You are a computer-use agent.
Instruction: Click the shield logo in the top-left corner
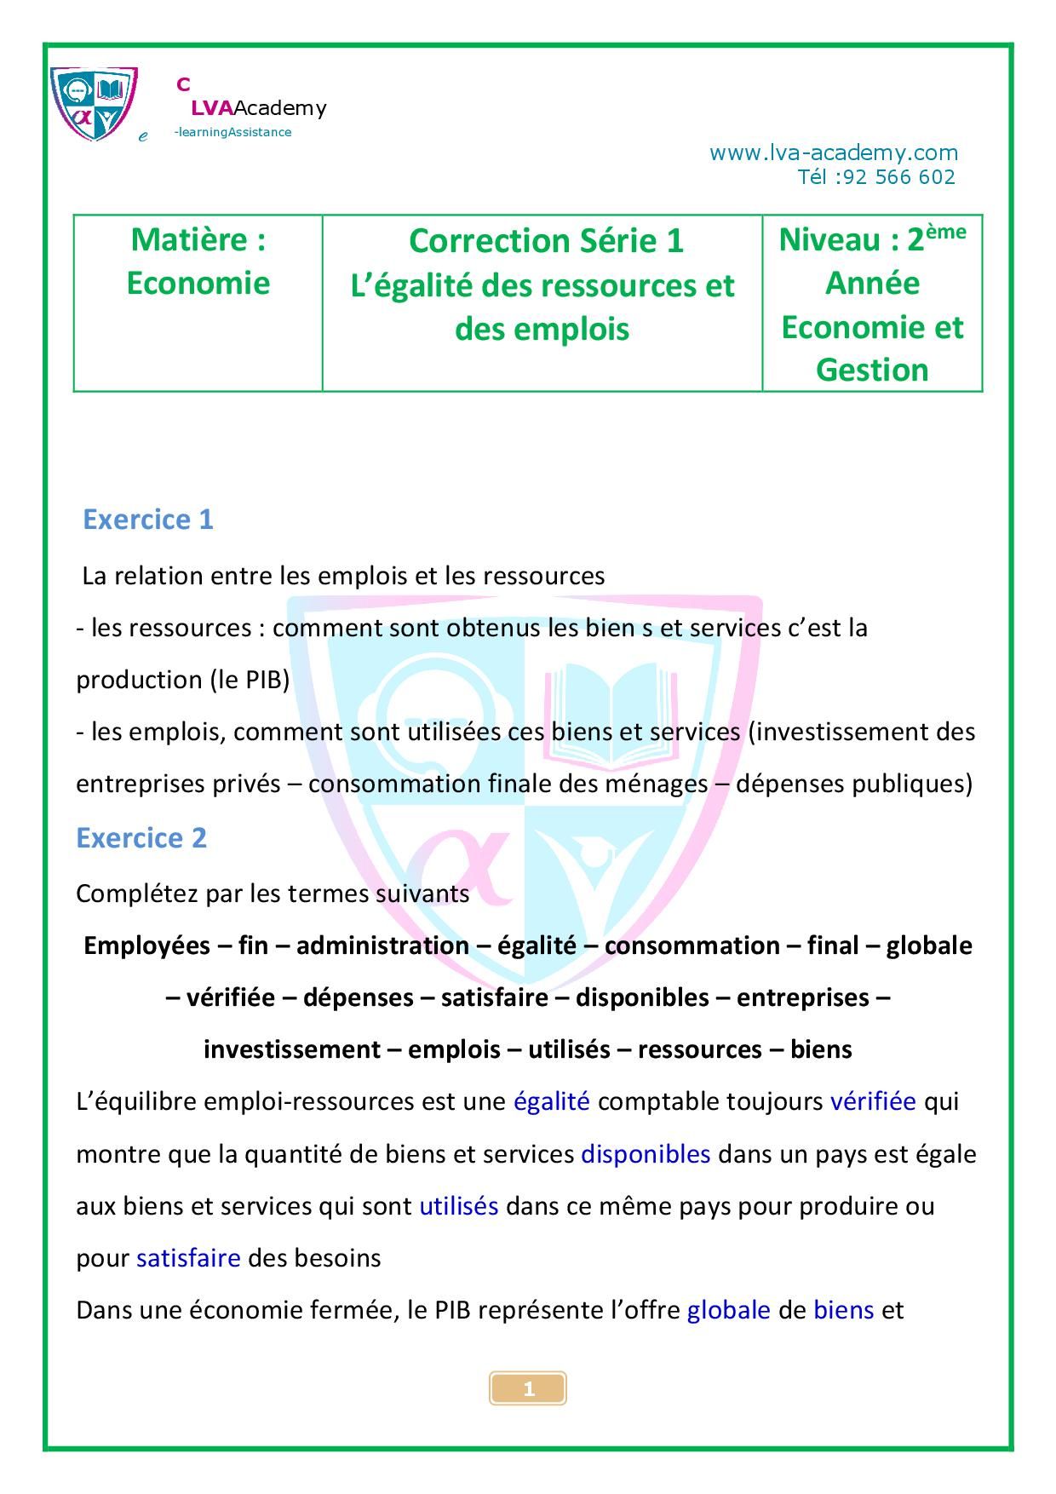[x=94, y=103]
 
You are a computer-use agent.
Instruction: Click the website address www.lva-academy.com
[x=833, y=153]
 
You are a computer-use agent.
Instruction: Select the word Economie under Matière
[x=198, y=283]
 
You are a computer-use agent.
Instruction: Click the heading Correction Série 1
[x=546, y=241]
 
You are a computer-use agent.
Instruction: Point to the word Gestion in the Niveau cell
[x=872, y=370]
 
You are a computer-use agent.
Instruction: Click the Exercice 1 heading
[x=147, y=520]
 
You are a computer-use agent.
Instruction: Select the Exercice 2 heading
[x=141, y=838]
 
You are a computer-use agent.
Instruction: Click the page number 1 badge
[x=528, y=1389]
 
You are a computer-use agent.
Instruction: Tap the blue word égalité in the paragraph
[x=551, y=1101]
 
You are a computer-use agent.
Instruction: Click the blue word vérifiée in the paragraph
[x=873, y=1101]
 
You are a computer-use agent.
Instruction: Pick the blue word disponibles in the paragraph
[x=646, y=1154]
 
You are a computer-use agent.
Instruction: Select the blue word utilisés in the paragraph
[x=458, y=1206]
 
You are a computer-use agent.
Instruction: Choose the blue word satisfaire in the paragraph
[x=188, y=1258]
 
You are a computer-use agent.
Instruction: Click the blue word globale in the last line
[x=728, y=1310]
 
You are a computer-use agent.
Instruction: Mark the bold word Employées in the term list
[x=146, y=945]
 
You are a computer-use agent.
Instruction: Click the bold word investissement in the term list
[x=291, y=1049]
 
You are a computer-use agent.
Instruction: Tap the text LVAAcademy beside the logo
[x=258, y=108]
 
